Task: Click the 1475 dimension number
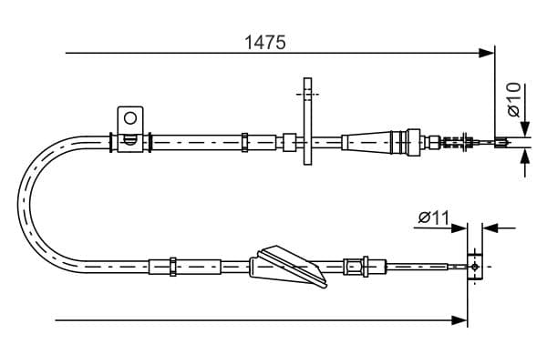[x=267, y=41]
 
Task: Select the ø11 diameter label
[x=434, y=217]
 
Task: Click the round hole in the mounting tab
[x=130, y=117]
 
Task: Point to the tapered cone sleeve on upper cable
[x=366, y=142]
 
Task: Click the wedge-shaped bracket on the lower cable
[x=289, y=267]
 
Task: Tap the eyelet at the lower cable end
[x=473, y=267]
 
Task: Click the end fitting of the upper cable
[x=500, y=142]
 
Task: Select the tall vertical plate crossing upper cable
[x=306, y=122]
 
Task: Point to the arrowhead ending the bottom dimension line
[x=461, y=320]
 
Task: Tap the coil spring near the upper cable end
[x=453, y=142]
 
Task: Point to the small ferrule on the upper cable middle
[x=244, y=142]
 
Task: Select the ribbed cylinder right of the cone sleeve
[x=402, y=142]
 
